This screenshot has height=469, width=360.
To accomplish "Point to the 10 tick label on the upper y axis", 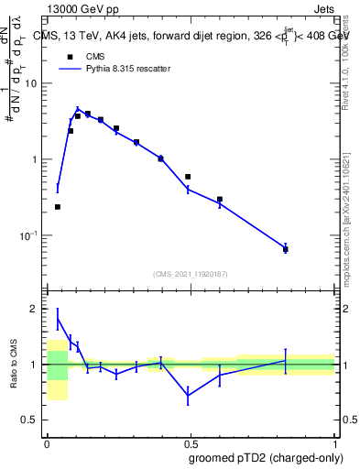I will point(32,83).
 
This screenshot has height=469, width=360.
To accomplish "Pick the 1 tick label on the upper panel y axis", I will point(36,159).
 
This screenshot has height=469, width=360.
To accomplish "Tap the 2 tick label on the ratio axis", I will point(36,309).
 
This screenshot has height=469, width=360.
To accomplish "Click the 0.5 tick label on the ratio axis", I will point(31,420).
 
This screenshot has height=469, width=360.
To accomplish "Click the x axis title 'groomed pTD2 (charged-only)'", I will point(262,457).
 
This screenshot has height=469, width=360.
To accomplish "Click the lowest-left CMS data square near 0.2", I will point(58,207).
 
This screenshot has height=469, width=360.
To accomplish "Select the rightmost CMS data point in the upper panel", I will point(286,249).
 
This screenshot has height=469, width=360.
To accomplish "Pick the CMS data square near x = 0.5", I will point(188,177).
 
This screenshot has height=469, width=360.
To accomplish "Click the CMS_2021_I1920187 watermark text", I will point(190,274).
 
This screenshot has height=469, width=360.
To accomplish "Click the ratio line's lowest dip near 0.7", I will point(188,396).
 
